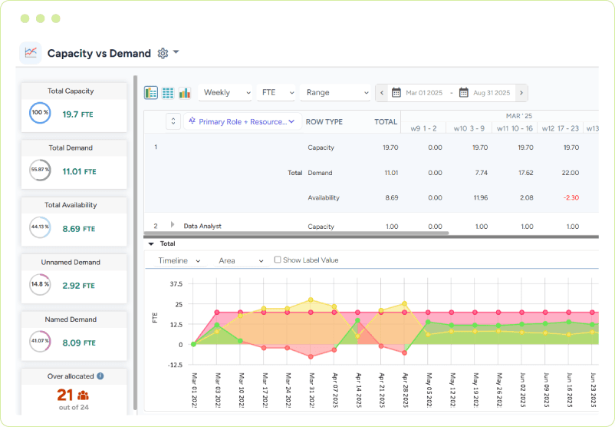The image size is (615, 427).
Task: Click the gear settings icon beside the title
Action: [x=163, y=53]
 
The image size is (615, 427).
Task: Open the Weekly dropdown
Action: [x=225, y=93]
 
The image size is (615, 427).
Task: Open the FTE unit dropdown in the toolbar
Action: [x=277, y=93]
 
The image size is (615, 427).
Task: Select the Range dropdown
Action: [x=336, y=93]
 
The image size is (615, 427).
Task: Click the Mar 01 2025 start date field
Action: [x=418, y=93]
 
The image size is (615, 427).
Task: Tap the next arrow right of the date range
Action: [x=521, y=93]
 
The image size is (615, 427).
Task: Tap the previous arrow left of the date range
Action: [x=382, y=93]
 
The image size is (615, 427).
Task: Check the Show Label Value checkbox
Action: [x=278, y=260]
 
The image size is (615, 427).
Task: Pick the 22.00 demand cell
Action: [x=570, y=173]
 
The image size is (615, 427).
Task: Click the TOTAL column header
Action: [x=386, y=121]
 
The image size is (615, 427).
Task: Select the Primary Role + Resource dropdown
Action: [x=242, y=121]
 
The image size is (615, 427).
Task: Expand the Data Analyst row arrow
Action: [x=173, y=225]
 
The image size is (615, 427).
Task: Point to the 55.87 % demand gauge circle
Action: [x=40, y=170]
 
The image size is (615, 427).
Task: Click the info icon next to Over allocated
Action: [x=100, y=376]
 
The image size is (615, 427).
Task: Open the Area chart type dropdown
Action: [x=241, y=260]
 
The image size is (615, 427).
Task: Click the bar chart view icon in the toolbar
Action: [x=185, y=93]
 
